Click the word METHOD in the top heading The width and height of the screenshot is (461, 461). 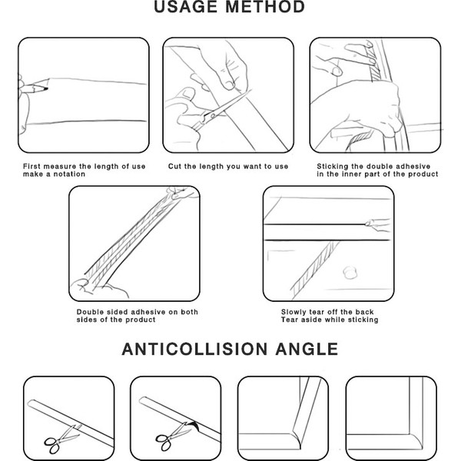[x=265, y=7]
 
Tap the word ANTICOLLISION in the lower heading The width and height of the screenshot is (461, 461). [x=194, y=349]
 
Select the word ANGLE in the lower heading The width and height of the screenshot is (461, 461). [x=307, y=349]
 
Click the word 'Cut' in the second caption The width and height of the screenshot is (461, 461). [x=174, y=167]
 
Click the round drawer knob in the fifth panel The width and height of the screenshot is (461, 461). [x=350, y=272]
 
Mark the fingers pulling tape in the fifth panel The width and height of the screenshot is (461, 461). [x=378, y=224]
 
